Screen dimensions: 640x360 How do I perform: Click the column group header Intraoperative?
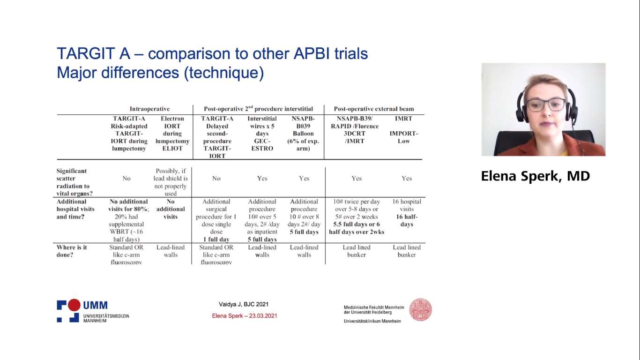(x=149, y=109)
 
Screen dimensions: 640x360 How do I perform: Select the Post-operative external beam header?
(x=374, y=109)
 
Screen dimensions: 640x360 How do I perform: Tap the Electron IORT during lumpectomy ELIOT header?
(x=172, y=134)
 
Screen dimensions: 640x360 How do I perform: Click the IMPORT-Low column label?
(x=403, y=137)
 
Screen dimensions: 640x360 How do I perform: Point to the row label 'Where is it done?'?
(x=72, y=251)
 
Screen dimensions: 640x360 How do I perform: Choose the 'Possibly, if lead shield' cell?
(x=171, y=182)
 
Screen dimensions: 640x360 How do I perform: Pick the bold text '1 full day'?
(x=216, y=240)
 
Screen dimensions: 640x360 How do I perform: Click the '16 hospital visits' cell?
(x=407, y=205)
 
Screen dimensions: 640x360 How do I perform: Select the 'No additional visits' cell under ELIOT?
(x=171, y=209)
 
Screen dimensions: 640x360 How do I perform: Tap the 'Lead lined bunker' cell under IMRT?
(x=407, y=251)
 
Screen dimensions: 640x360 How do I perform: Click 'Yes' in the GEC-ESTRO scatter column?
(x=262, y=179)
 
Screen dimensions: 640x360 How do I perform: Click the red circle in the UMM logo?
(x=74, y=305)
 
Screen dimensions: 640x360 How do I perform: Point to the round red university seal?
(x=421, y=310)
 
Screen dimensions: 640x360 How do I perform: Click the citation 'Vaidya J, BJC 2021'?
(x=244, y=304)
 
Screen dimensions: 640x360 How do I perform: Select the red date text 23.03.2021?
(x=263, y=316)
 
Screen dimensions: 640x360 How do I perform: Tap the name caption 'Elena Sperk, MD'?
(x=536, y=176)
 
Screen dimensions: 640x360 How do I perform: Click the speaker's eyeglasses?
(x=546, y=105)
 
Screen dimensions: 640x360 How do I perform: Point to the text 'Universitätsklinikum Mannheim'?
(x=372, y=321)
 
